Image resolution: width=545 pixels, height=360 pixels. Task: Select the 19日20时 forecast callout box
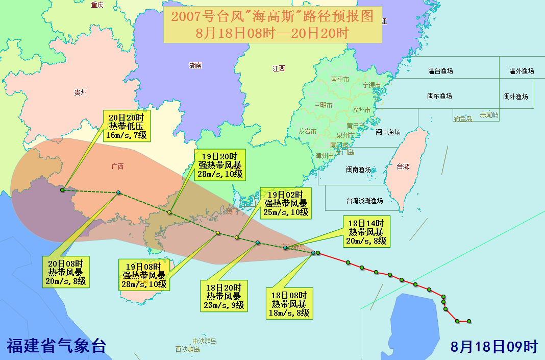coord(220,164)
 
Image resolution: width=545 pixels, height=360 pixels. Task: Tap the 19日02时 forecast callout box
coord(286,203)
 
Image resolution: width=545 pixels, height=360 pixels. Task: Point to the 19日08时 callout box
coord(145,275)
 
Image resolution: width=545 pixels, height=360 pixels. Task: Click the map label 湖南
coord(195,66)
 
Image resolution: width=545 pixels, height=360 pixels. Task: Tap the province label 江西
coord(279,68)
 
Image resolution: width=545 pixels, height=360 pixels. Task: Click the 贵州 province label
coord(81,92)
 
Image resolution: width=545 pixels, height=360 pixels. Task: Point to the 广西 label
coord(117,166)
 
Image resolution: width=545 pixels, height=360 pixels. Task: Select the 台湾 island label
coord(403,166)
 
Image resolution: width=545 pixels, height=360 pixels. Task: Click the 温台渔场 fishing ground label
coord(440,71)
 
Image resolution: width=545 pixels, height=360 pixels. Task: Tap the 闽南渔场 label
coord(358,170)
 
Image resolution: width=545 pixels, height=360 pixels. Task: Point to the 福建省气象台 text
coord(56,345)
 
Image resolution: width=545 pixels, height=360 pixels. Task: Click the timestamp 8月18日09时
coord(494,346)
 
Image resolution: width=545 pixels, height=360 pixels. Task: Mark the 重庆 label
coord(97,5)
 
